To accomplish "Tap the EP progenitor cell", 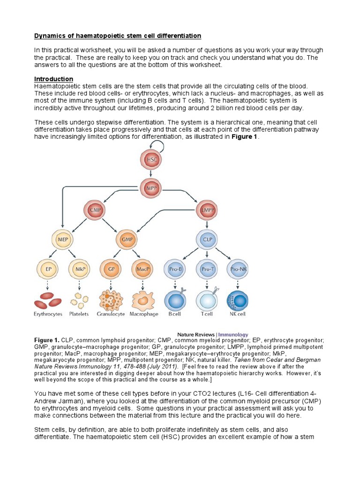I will coord(48,270).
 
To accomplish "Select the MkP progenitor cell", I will coord(79,270).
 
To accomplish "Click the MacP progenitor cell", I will coord(142,270).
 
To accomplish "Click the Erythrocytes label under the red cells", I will coord(48,314).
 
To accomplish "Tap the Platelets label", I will coord(79,314).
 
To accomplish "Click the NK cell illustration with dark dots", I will coord(238,300).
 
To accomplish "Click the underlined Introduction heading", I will coord(53,79).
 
